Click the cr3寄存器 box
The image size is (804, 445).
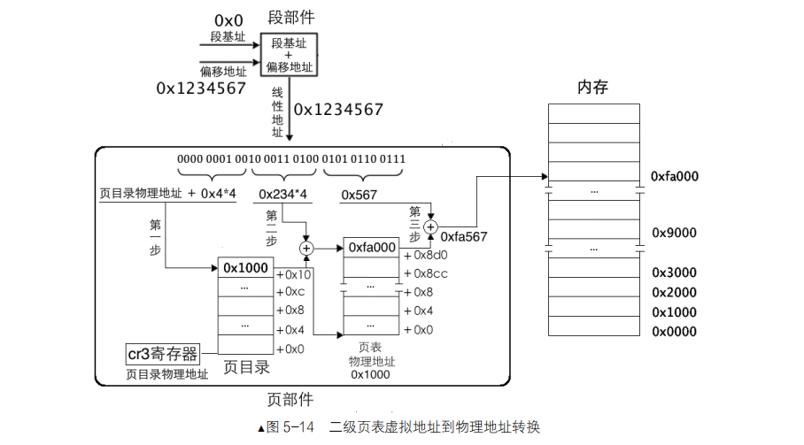[x=162, y=355]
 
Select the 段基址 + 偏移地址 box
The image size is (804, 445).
[x=288, y=55]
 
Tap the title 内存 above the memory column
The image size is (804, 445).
[x=592, y=87]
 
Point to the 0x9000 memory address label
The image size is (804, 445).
[x=674, y=233]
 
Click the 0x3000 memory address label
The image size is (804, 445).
[x=674, y=272]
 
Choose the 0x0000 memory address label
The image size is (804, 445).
[x=674, y=332]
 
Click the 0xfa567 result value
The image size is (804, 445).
[x=465, y=236]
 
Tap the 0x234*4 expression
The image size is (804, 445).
[x=283, y=194]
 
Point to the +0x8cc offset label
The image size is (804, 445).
[x=426, y=273]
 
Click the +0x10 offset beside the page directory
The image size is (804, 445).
[x=293, y=274]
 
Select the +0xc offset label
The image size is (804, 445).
[x=291, y=292]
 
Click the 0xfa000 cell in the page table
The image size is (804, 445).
[x=372, y=248]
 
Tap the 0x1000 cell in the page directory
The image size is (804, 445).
[x=244, y=267]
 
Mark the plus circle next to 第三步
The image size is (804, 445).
[x=430, y=227]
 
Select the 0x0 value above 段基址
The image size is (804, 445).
[x=228, y=19]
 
